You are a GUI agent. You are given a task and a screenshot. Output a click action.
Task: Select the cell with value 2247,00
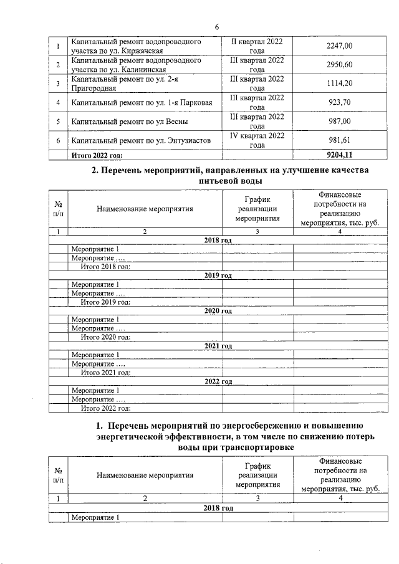(x=339, y=46)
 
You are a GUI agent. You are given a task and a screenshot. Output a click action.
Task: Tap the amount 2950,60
(x=339, y=65)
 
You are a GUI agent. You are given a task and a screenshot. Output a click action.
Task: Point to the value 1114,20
(x=339, y=84)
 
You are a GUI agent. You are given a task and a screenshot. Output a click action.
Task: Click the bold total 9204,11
(x=339, y=155)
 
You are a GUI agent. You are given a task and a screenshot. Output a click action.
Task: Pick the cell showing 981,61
(x=339, y=140)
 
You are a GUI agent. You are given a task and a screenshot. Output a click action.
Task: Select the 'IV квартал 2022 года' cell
(x=257, y=140)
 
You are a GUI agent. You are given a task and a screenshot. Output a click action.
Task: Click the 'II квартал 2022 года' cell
(x=257, y=46)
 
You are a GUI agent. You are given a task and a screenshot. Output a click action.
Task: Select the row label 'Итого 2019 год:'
(x=105, y=302)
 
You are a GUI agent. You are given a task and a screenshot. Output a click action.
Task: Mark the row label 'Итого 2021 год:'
(x=105, y=373)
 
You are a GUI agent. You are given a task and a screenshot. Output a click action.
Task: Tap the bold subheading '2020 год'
(x=218, y=310)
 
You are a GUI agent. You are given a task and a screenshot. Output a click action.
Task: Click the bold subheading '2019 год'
(x=218, y=275)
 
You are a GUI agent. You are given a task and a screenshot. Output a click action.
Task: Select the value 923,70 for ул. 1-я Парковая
(x=339, y=102)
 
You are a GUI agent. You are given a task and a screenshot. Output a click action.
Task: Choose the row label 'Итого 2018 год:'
(x=105, y=267)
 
